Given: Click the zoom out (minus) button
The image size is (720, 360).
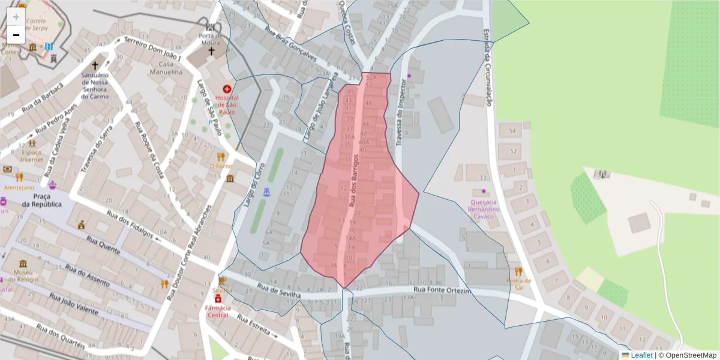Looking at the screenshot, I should (16, 35).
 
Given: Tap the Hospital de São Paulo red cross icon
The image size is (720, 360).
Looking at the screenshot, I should (227, 89).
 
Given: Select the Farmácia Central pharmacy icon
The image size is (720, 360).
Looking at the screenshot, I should (218, 299).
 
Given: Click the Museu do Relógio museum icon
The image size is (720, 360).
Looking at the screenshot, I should (23, 265).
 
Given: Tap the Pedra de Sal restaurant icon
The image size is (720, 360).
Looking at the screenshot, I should (518, 271).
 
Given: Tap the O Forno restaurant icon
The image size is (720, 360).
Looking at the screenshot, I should (221, 157).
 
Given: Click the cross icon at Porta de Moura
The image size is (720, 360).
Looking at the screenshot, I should (211, 52).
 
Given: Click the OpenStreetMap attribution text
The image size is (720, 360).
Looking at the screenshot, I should (691, 355).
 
